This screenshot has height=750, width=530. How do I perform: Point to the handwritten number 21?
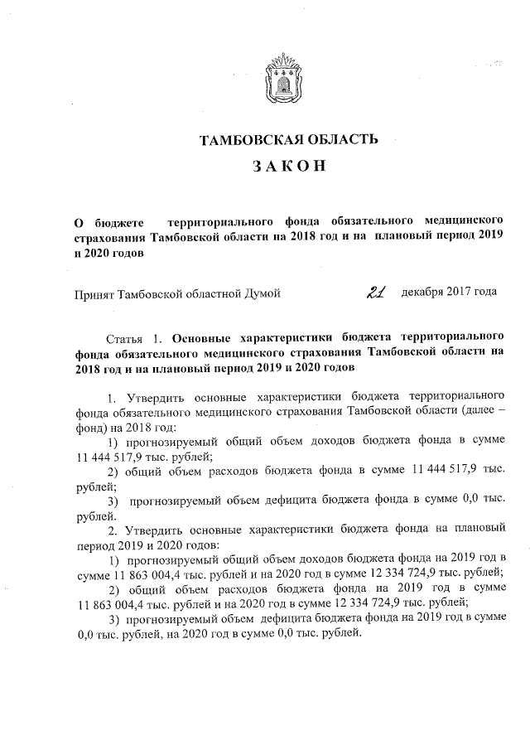tap(378, 292)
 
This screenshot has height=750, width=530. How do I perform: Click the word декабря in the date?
tap(422, 293)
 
